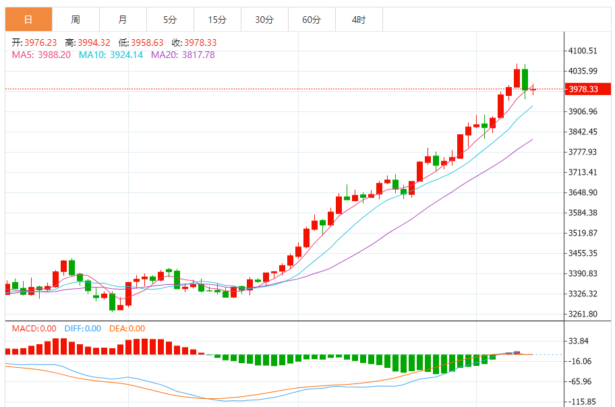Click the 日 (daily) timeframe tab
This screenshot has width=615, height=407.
[x=28, y=20]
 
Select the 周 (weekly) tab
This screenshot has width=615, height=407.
[x=76, y=20]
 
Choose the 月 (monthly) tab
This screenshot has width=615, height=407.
[x=122, y=20]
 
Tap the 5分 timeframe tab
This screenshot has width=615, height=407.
[x=170, y=20]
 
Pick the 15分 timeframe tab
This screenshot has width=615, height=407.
[x=217, y=20]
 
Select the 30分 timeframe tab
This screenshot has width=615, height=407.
[x=264, y=20]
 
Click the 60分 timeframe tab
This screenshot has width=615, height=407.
[x=312, y=20]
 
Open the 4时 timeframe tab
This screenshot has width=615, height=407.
[x=359, y=20]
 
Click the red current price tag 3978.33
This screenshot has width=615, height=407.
[x=583, y=89]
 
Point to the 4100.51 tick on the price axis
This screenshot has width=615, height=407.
[x=583, y=51]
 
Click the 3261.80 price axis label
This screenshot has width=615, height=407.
[x=583, y=314]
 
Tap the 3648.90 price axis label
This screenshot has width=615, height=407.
[x=583, y=192]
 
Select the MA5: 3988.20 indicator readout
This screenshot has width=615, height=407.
[x=41, y=55]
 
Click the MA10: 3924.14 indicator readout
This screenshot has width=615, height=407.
[x=111, y=55]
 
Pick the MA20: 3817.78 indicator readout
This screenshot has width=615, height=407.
[x=183, y=55]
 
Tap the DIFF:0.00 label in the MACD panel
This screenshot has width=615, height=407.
[x=82, y=329]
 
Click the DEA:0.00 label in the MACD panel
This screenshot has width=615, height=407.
[x=127, y=329]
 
